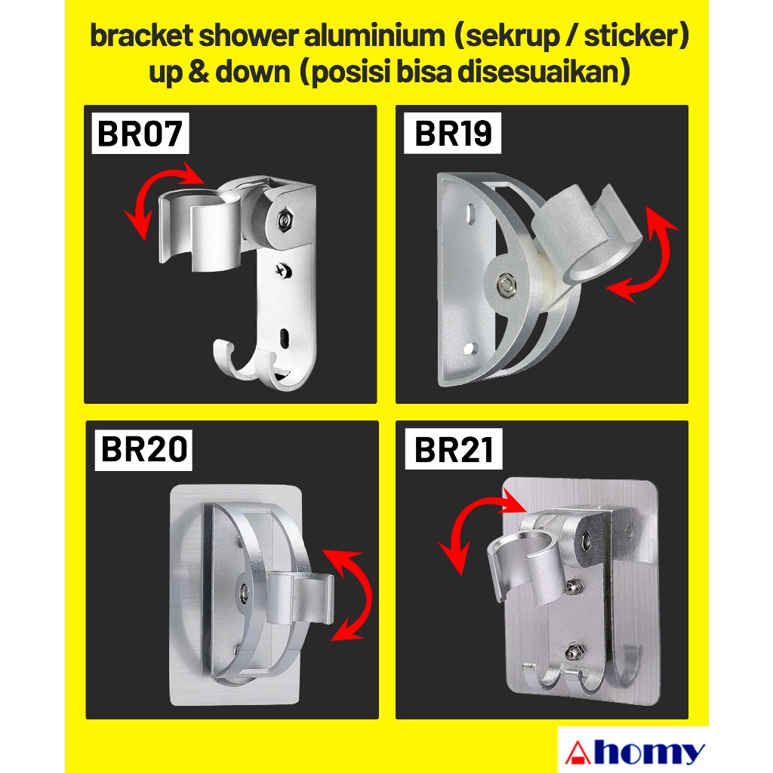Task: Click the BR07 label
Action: click(x=140, y=135)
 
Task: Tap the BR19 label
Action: click(x=454, y=134)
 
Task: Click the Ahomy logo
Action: click(x=634, y=752)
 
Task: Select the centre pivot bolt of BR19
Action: click(x=504, y=285)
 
